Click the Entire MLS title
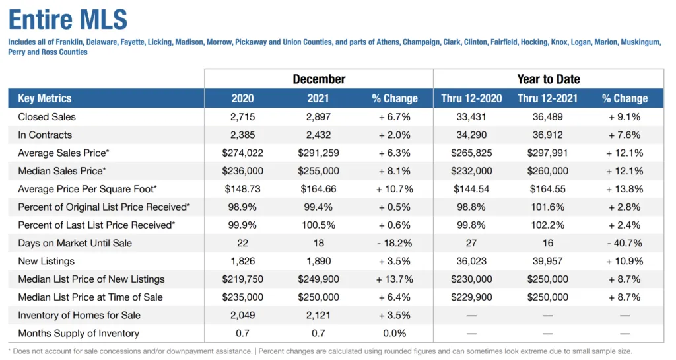pyautogui.click(x=68, y=19)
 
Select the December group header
pyautogui.click(x=319, y=79)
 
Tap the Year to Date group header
pyautogui.click(x=549, y=79)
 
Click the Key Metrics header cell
pyautogui.click(x=45, y=98)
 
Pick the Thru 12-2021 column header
pyautogui.click(x=548, y=98)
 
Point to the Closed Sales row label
pyautogui.click(x=47, y=117)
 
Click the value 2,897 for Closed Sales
pyautogui.click(x=319, y=117)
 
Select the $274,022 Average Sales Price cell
pyautogui.click(x=242, y=153)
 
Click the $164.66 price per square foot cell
pyautogui.click(x=319, y=189)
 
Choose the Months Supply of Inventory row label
pyautogui.click(x=79, y=334)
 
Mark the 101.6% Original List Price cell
pyautogui.click(x=548, y=207)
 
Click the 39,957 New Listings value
pyautogui.click(x=548, y=262)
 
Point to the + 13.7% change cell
pyautogui.click(x=395, y=279)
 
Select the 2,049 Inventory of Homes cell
pyautogui.click(x=242, y=316)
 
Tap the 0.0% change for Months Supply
pyautogui.click(x=395, y=334)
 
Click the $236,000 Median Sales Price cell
pyautogui.click(x=242, y=171)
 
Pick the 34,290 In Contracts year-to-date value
pyautogui.click(x=471, y=135)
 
